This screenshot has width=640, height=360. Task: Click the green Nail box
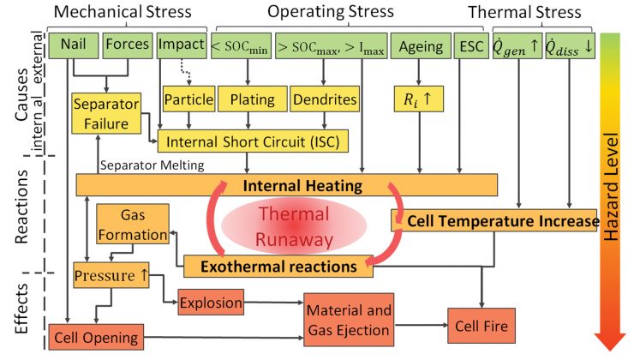coord(71,45)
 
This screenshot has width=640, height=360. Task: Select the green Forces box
coord(127,45)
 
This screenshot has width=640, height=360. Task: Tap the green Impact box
coord(182,45)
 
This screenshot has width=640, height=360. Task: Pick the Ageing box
coord(422,45)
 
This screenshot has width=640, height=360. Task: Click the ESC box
coord(470,45)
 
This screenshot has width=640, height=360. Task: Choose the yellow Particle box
coord(188,99)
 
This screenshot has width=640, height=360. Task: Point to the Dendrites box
coord(325,99)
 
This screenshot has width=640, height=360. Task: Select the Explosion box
coord(210,302)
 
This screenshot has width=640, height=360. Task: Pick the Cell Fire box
coord(481,326)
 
